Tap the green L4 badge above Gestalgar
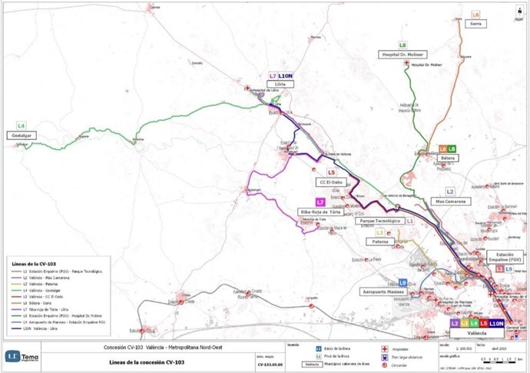tap(22, 125)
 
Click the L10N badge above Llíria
tap(285, 76)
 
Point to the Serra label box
tap(475, 24)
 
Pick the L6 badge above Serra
tap(475, 15)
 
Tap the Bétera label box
tap(448, 158)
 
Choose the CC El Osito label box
tap(331, 182)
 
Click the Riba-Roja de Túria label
tap(320, 211)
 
